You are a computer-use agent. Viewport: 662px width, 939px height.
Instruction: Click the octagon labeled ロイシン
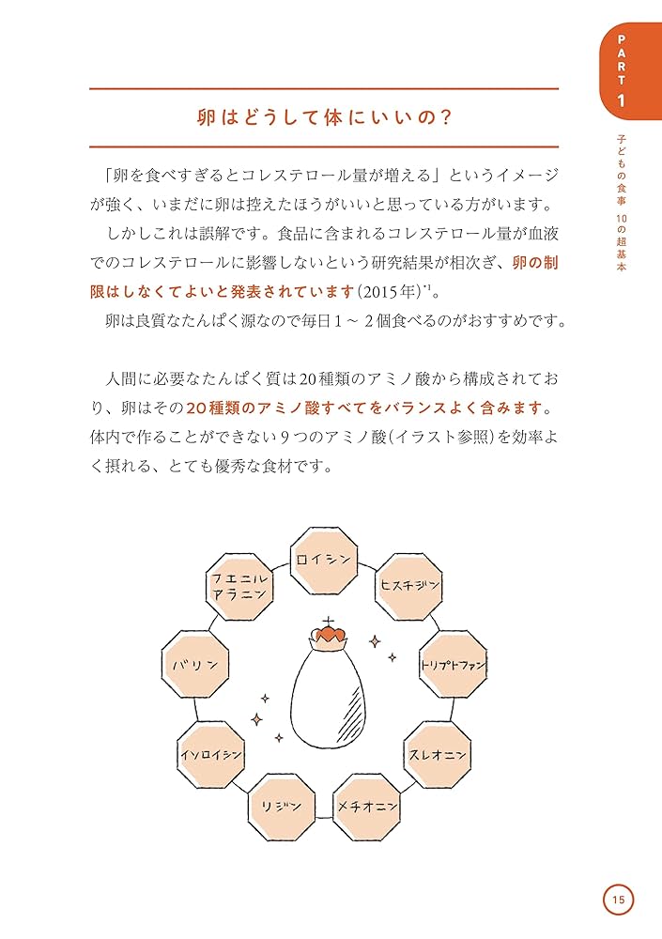323,561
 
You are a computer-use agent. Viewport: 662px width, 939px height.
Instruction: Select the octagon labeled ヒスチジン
408,586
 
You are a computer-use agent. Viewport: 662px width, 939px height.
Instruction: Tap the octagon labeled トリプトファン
452,665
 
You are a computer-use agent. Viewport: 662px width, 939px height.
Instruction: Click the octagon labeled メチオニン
367,807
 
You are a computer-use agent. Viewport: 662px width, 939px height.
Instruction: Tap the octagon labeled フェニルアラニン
239,587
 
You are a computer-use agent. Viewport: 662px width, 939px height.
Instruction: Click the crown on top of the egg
328,636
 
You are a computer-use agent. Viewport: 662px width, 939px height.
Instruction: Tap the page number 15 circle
618,900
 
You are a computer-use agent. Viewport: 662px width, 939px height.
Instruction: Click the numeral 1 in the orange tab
620,100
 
